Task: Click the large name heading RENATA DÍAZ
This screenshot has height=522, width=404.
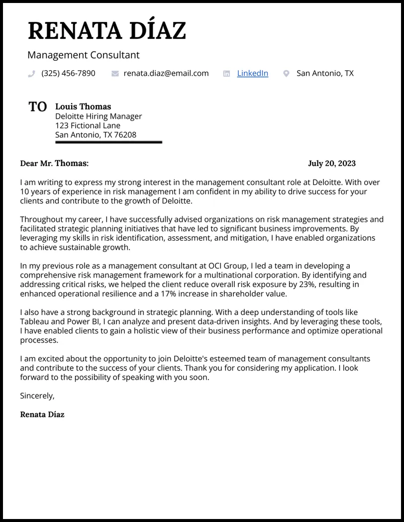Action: click(x=106, y=30)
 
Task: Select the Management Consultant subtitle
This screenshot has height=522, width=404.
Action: click(x=83, y=55)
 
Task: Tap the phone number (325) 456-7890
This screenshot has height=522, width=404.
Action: click(x=68, y=73)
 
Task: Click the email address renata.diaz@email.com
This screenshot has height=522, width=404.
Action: click(x=166, y=73)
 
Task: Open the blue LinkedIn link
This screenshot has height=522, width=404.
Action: click(x=252, y=73)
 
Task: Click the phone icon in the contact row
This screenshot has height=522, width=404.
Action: click(x=31, y=74)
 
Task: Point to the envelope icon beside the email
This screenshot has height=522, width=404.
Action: click(x=115, y=74)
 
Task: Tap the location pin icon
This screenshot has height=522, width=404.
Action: click(x=286, y=74)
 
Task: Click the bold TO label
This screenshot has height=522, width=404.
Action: click(x=38, y=107)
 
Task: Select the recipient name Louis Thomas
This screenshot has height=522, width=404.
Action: click(x=83, y=107)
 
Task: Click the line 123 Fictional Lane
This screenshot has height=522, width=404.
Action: click(x=88, y=126)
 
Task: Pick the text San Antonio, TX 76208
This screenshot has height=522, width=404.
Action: click(x=96, y=135)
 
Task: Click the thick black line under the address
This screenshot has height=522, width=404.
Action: click(x=108, y=143)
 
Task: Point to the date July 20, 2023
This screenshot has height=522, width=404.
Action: click(x=331, y=164)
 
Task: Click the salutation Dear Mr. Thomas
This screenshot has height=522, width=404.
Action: click(x=54, y=164)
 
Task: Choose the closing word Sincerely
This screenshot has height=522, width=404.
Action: click(x=37, y=396)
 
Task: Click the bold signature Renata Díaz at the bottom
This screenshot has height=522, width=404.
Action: click(x=42, y=415)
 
